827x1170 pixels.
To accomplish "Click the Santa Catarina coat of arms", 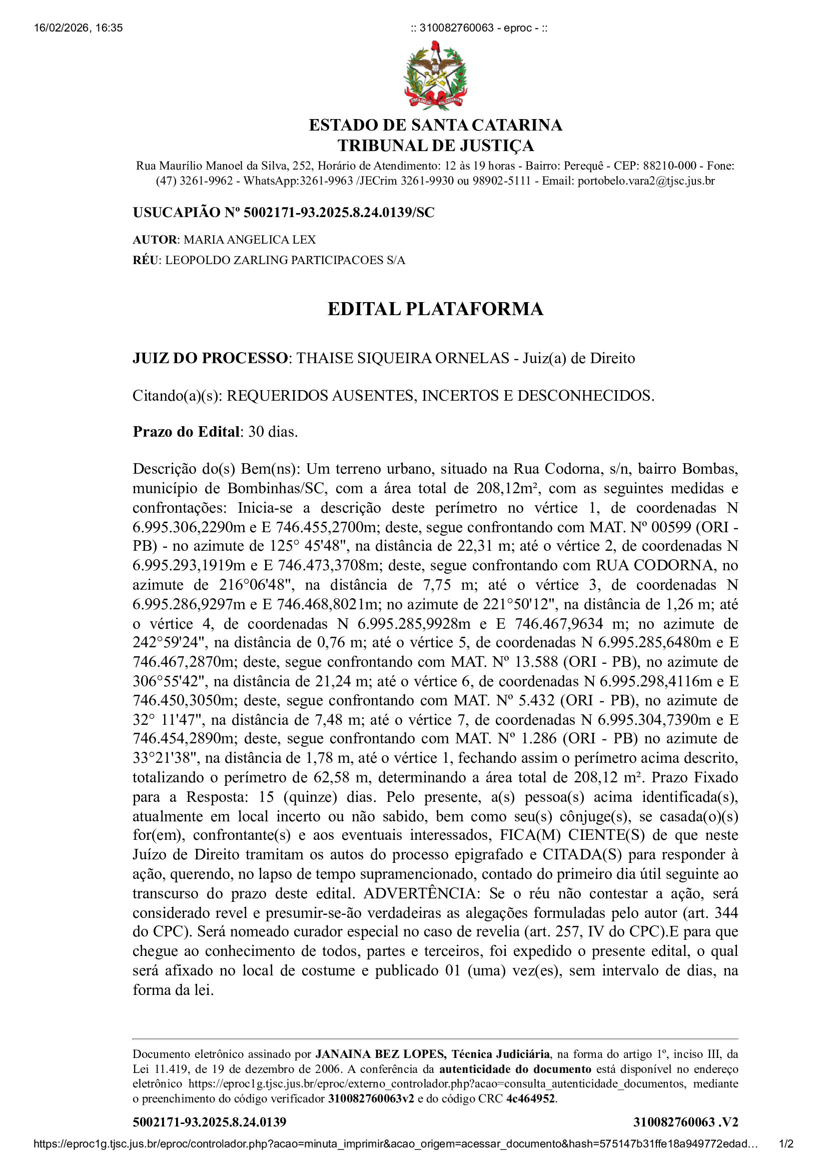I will [435, 76].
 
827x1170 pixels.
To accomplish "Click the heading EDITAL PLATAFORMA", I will [435, 309].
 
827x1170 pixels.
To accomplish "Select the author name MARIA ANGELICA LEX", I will [250, 240].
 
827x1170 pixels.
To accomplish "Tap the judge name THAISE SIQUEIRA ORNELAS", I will [403, 358].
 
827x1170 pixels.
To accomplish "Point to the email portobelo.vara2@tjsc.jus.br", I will [645, 181].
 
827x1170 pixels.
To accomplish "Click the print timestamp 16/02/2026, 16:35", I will [78, 28].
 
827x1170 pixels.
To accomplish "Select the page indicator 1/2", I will [786, 1154].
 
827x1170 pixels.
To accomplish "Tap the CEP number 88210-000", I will [669, 166].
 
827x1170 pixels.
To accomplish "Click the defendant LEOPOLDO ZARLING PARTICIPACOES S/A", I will [285, 261].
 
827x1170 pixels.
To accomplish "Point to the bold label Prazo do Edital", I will [186, 432].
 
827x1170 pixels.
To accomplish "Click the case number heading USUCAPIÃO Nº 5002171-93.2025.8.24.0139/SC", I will [283, 213].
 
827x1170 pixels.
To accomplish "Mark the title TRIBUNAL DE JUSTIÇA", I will [435, 146].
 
